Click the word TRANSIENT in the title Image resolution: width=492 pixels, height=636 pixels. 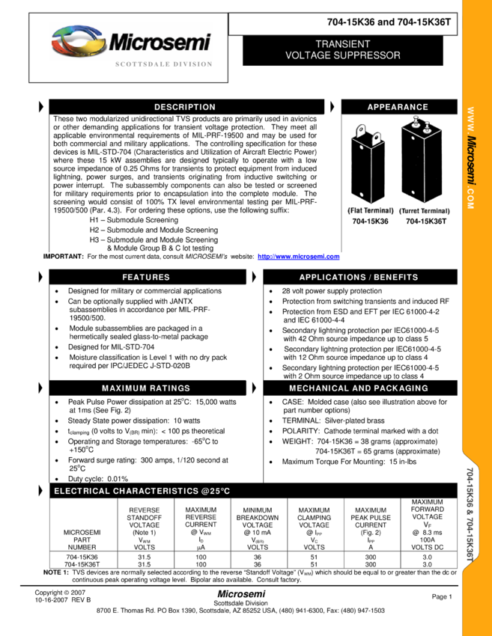(x=342, y=44)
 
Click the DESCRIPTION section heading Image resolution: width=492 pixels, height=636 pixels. (x=185, y=107)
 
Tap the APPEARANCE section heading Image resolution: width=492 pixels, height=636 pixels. (x=398, y=107)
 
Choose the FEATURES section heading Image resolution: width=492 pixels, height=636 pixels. (x=146, y=277)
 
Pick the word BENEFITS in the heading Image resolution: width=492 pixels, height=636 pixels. (x=396, y=277)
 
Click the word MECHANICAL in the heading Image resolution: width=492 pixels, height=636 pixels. (x=319, y=388)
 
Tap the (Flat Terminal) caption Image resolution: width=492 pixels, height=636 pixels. (x=370, y=211)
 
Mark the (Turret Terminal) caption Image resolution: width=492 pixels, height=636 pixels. (x=425, y=211)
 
